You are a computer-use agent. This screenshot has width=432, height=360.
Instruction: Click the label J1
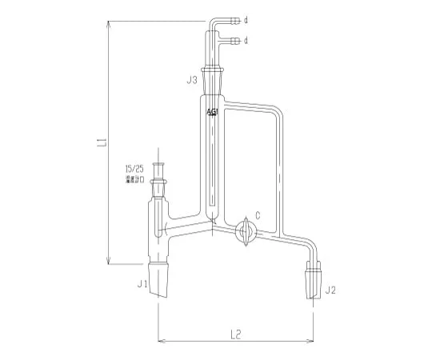coord(143,283)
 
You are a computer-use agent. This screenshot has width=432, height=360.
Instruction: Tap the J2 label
coord(329,291)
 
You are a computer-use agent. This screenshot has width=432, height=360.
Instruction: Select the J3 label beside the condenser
coord(192,80)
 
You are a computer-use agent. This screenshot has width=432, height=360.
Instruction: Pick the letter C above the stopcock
coord(258,214)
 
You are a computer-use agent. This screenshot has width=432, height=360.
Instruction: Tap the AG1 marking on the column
coord(212,113)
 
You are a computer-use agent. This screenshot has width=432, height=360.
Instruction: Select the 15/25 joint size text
coord(134,170)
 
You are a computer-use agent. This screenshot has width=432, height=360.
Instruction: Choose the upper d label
coord(246,20)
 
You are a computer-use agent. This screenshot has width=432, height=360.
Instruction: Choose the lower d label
coord(246,39)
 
